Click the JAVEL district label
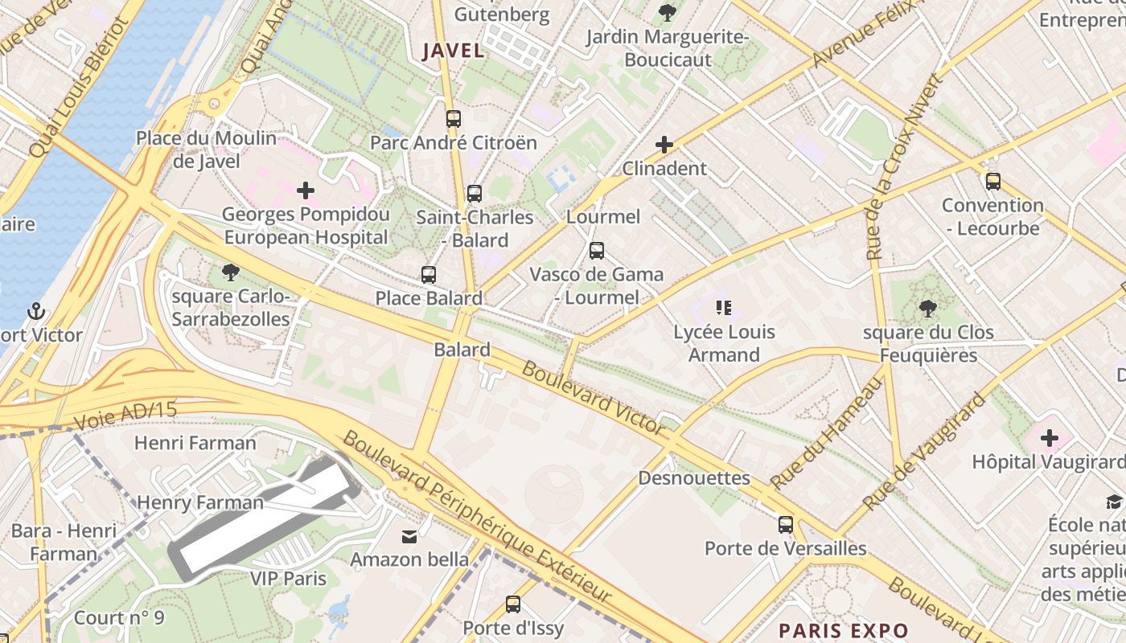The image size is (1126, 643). click(x=454, y=51)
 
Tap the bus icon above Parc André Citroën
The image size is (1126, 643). click(x=454, y=119)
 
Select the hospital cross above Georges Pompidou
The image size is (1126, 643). click(x=306, y=190)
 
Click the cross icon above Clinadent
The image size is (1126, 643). click(x=664, y=145)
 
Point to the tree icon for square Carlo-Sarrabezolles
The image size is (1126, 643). click(x=231, y=272)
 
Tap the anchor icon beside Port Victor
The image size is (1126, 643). click(x=35, y=311)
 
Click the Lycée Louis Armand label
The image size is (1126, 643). click(x=724, y=343)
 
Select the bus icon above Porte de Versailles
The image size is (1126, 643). click(x=786, y=525)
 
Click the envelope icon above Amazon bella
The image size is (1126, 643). click(x=410, y=536)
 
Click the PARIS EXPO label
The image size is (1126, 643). click(x=844, y=630)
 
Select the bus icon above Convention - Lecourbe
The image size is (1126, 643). click(x=993, y=181)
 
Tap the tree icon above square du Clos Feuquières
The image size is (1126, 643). click(x=927, y=308)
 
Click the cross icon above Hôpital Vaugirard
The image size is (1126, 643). click(x=1050, y=438)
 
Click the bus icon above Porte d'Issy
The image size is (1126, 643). click(x=513, y=604)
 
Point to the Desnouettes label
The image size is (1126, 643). click(x=694, y=478)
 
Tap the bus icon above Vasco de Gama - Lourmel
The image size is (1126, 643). click(x=596, y=250)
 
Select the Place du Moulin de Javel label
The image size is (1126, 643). click(x=206, y=149)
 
